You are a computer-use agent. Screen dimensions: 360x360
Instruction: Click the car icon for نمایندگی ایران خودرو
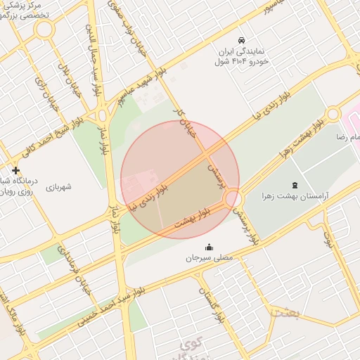(x=241, y=40)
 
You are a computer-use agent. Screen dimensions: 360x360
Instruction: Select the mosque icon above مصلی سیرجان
(x=209, y=247)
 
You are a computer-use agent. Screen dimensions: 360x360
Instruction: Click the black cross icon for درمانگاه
(x=15, y=170)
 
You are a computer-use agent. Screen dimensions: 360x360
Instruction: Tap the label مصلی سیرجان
(x=210, y=258)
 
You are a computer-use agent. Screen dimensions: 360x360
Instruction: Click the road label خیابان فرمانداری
(x=75, y=267)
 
